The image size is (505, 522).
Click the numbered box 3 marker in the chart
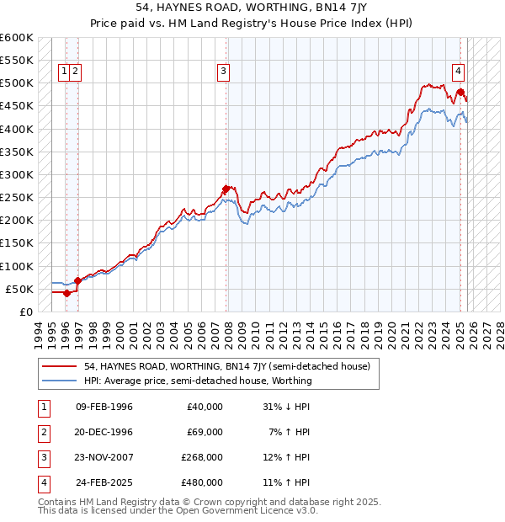click(x=224, y=72)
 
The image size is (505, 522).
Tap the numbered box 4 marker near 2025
click(x=460, y=72)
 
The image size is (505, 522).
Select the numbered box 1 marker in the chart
click(x=64, y=72)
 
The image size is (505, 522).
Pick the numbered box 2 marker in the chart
click(x=76, y=72)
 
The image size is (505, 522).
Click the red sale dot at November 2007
click(x=226, y=189)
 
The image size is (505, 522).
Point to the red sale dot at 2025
click(x=460, y=93)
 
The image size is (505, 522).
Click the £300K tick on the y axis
click(x=16, y=174)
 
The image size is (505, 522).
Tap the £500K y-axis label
click(x=16, y=83)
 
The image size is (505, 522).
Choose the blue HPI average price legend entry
click(x=197, y=381)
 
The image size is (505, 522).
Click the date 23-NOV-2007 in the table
click(x=104, y=457)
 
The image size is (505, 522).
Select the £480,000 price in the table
click(x=202, y=482)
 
